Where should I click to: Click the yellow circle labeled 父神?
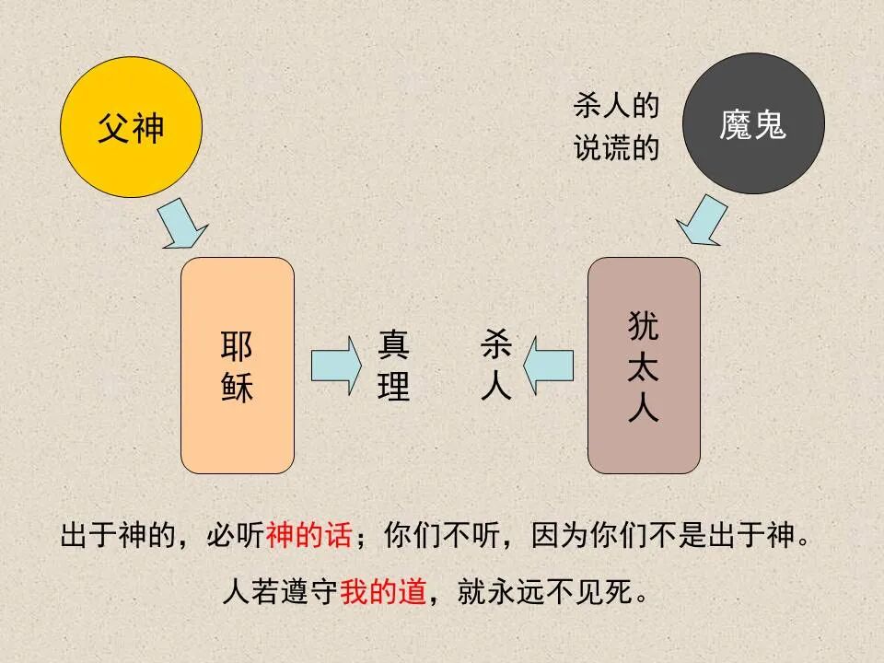pos(131,127)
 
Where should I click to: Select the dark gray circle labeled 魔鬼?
pos(753,123)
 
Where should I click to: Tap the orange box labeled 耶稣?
pos(238,366)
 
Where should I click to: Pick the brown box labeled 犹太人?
pos(644,366)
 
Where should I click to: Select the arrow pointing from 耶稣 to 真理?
pos(337,366)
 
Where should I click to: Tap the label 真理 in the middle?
pos(393,366)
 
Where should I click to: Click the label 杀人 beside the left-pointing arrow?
pos(495,366)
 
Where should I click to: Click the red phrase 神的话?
pos(308,535)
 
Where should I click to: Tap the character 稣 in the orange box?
pos(238,387)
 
